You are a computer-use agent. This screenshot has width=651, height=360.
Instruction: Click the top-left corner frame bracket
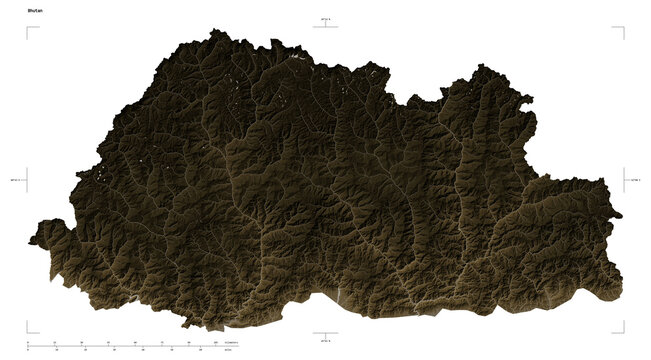coord(29,30)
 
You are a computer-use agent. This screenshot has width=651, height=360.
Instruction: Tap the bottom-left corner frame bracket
coord(29,328)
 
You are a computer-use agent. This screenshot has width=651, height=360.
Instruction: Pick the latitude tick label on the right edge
coord(635,180)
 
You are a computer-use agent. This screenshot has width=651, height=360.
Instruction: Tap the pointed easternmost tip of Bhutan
coord(620,215)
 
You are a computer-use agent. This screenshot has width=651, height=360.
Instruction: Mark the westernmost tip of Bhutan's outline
coord(29,239)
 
